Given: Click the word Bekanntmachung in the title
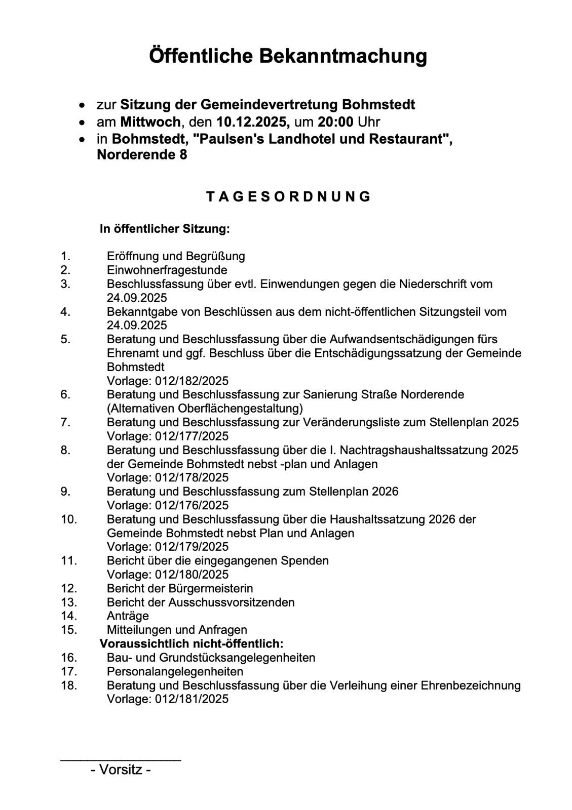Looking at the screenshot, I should [343, 56].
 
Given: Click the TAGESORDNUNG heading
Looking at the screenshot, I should [288, 197].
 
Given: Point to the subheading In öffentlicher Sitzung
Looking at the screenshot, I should [165, 229].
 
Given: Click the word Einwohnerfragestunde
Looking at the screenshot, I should [167, 270].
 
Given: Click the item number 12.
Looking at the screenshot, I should [68, 588].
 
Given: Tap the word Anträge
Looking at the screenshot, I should [128, 616].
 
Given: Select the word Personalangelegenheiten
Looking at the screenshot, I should [175, 671].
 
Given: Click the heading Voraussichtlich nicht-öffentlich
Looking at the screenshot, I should [191, 644].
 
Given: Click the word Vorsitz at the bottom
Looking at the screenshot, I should [121, 770].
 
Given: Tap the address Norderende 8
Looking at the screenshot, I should [142, 155].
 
